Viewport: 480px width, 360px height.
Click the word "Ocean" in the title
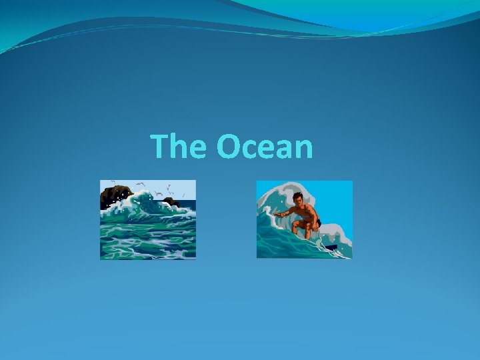tap(265, 147)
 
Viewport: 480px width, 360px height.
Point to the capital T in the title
tap(160, 146)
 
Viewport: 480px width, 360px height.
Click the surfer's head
tap(298, 199)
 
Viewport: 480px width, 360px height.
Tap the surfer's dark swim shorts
tap(315, 223)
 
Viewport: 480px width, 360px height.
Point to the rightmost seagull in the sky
tap(185, 195)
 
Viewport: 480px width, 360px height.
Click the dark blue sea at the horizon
tap(189, 203)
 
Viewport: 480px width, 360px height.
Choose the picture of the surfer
tap(304, 219)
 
